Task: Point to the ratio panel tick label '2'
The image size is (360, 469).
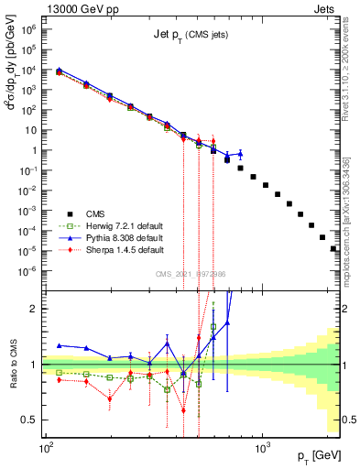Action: tap(37, 309)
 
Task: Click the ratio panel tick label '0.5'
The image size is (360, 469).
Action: tap(32, 420)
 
